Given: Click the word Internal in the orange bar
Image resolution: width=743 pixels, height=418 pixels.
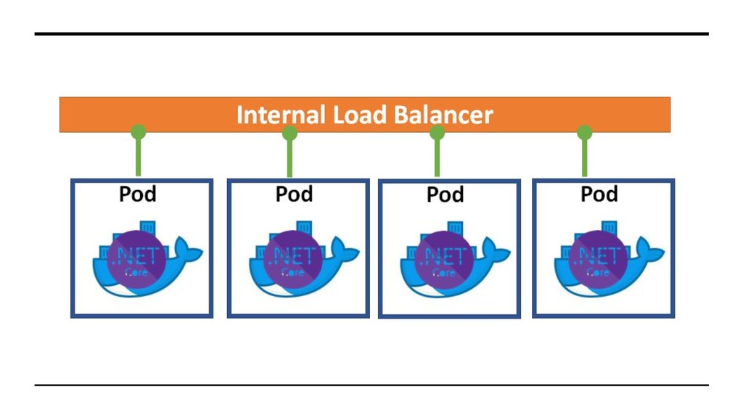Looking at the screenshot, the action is [281, 115].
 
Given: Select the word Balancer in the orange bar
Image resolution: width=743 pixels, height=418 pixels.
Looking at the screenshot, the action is [443, 115].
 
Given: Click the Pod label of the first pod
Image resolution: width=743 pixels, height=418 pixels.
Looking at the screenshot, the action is [137, 194].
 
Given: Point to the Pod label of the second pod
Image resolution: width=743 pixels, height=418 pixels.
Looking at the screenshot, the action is [295, 194].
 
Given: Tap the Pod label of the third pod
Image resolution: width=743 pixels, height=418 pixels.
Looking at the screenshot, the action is [445, 194].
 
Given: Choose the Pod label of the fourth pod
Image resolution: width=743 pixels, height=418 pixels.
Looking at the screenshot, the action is [599, 194].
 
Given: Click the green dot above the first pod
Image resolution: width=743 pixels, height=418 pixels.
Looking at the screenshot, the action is [139, 131].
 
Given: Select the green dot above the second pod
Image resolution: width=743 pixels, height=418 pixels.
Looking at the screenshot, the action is [290, 134].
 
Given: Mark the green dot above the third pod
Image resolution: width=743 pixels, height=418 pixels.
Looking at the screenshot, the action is [437, 132].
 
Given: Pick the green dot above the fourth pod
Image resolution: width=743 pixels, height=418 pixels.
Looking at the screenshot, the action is [584, 132].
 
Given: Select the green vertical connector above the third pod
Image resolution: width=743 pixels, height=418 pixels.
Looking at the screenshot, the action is [437, 158].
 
